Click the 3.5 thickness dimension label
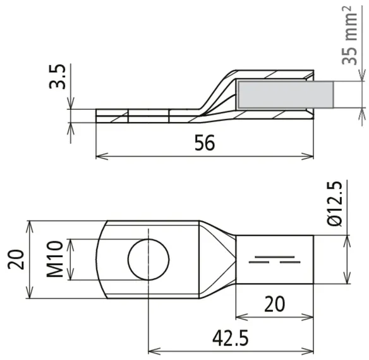pos(57,76)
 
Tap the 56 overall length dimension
pos(205,143)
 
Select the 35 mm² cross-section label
pos(349,35)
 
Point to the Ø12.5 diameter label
pos(335,204)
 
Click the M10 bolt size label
pos(55,259)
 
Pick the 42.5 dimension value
pos(231,338)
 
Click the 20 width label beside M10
pos(16,260)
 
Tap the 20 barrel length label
pos(274,304)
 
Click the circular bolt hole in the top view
pos(148,260)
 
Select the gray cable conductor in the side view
pos(286,95)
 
